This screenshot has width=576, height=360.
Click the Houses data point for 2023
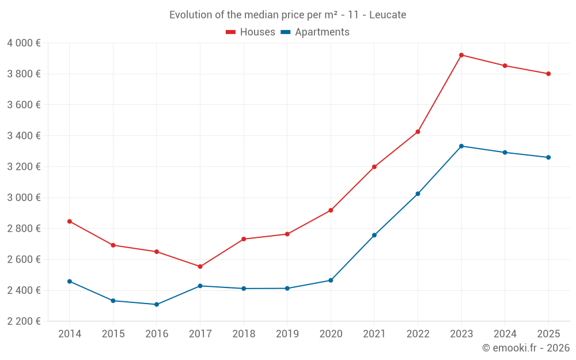tap(461, 55)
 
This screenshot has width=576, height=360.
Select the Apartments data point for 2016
tap(157, 304)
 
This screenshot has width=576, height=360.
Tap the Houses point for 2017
tap(200, 267)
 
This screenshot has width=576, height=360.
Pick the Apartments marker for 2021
tap(374, 235)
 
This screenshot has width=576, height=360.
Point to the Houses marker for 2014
tap(70, 221)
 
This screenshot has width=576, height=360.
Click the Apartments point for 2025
tap(548, 157)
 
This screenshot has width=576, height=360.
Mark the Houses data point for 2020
tap(331, 210)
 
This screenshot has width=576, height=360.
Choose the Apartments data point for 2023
tap(461, 146)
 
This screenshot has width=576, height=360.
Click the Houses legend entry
tap(251, 32)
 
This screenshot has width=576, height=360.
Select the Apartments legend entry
tap(315, 32)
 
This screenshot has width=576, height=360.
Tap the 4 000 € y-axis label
tap(24, 43)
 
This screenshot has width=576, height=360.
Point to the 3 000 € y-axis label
tap(24, 198)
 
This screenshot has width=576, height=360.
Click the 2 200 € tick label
tap(24, 321)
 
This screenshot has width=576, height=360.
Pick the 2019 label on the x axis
tap(287, 334)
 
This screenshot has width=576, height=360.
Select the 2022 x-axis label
tap(418, 334)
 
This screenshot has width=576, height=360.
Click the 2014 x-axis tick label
tap(70, 334)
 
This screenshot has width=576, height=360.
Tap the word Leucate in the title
tap(387, 15)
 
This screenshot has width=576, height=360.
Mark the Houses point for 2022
tap(418, 132)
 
